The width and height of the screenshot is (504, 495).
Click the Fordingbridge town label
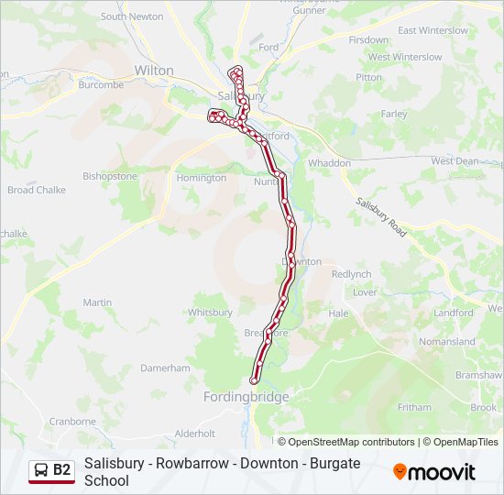pyautogui.click(x=246, y=397)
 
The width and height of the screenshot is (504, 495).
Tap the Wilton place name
pyautogui.click(x=153, y=70)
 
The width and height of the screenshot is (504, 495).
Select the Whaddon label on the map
pyautogui.click(x=330, y=163)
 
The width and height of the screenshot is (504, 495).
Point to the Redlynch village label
pyautogui.click(x=351, y=274)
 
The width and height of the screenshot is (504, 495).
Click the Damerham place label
pyautogui.click(x=165, y=368)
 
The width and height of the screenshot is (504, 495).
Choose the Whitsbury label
pyautogui.click(x=210, y=313)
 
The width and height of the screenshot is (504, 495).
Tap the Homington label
pyautogui.click(x=201, y=178)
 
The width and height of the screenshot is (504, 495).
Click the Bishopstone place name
pyautogui.click(x=110, y=176)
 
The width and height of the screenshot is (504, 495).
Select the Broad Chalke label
pyautogui.click(x=38, y=191)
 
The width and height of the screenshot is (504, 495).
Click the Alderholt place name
pyautogui.click(x=194, y=433)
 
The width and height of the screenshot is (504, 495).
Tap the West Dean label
pyautogui.click(x=455, y=161)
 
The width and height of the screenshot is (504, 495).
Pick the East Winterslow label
pyautogui.click(x=433, y=31)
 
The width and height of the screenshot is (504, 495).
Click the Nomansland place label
pyautogui.click(x=446, y=342)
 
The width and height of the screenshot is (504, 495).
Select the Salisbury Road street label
pyautogui.click(x=381, y=218)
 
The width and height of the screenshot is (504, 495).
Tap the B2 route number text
pyautogui.click(x=61, y=470)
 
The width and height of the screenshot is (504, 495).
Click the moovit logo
pyautogui.click(x=434, y=472)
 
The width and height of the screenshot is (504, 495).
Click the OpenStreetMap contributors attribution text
pyautogui.click(x=345, y=442)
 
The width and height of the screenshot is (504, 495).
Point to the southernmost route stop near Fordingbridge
pyautogui.click(x=254, y=380)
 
